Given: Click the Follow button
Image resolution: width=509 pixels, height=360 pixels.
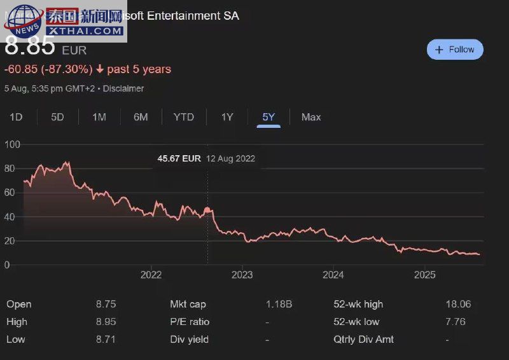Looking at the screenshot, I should pyautogui.click(x=455, y=50).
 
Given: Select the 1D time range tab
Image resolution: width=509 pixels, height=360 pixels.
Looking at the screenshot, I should pyautogui.click(x=16, y=117).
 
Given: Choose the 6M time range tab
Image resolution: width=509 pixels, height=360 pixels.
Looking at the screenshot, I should pyautogui.click(x=141, y=117).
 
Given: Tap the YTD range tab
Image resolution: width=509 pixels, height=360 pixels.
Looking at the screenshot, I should pyautogui.click(x=184, y=117).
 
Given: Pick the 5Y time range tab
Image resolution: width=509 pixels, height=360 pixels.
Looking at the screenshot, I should pyautogui.click(x=268, y=117).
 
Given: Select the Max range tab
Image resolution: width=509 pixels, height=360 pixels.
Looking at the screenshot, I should pyautogui.click(x=311, y=117).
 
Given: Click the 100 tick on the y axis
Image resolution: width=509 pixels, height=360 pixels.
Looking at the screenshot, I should pyautogui.click(x=12, y=144).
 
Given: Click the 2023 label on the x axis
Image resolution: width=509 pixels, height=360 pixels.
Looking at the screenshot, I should pyautogui.click(x=242, y=275).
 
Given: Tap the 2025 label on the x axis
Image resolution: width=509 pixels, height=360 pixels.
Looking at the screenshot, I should pyautogui.click(x=424, y=275).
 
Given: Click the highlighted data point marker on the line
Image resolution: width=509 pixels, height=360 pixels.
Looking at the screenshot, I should pyautogui.click(x=207, y=210).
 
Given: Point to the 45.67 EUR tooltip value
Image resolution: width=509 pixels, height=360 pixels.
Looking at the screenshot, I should pyautogui.click(x=179, y=158).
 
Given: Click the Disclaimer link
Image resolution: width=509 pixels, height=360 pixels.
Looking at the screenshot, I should pyautogui.click(x=123, y=88).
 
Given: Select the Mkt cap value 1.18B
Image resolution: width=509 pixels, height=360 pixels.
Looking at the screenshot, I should pyautogui.click(x=279, y=305).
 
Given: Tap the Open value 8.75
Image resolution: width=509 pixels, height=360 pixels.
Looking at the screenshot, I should pyautogui.click(x=106, y=305).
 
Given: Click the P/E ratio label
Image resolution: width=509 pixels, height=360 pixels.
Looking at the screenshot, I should pyautogui.click(x=190, y=322).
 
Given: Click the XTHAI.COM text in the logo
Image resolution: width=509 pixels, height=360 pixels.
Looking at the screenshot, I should pyautogui.click(x=85, y=31).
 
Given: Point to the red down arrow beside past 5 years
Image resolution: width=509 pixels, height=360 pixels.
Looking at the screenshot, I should pyautogui.click(x=100, y=69).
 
